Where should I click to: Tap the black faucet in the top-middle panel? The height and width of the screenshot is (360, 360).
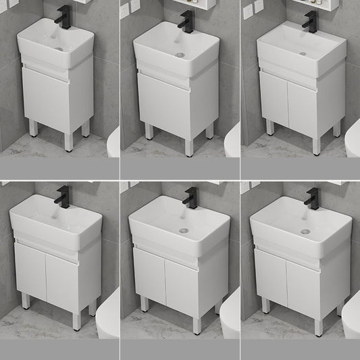click(185, 20)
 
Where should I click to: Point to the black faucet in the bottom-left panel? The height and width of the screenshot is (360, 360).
click(63, 198)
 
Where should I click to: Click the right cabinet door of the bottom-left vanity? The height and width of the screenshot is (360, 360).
click(61, 271)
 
